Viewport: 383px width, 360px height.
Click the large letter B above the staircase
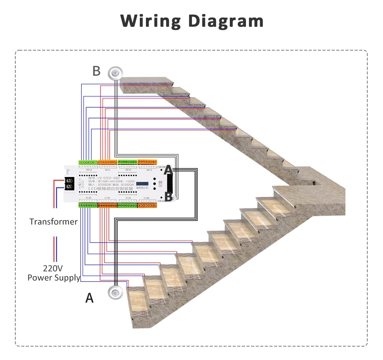[97, 71]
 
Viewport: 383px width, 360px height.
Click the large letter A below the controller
[89, 298]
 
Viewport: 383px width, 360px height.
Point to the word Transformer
[54, 222]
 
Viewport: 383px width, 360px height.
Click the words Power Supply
[54, 278]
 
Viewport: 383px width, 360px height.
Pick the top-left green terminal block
[88, 163]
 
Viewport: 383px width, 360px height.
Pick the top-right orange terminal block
[147, 163]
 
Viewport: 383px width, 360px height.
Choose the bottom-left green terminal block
[88, 205]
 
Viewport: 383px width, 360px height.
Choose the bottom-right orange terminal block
[147, 205]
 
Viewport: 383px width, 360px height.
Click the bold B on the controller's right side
[168, 197]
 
